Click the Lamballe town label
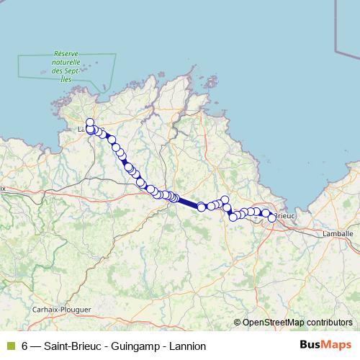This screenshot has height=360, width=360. tap(338, 233)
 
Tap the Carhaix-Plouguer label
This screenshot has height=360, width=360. tap(63, 309)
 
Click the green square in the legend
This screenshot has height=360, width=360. tap(11, 346)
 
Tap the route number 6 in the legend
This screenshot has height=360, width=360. tap(25, 346)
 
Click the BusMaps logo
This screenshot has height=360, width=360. tap(325, 345)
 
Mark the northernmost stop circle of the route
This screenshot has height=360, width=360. tap(90, 122)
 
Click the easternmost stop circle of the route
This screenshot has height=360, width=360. tap(272, 217)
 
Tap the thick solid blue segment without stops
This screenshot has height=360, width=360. tap(189, 202)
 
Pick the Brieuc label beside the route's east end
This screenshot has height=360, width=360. tap(285, 215)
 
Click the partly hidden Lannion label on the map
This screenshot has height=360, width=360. tap(81, 130)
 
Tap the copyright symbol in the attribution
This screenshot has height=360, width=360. tap(238, 322)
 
